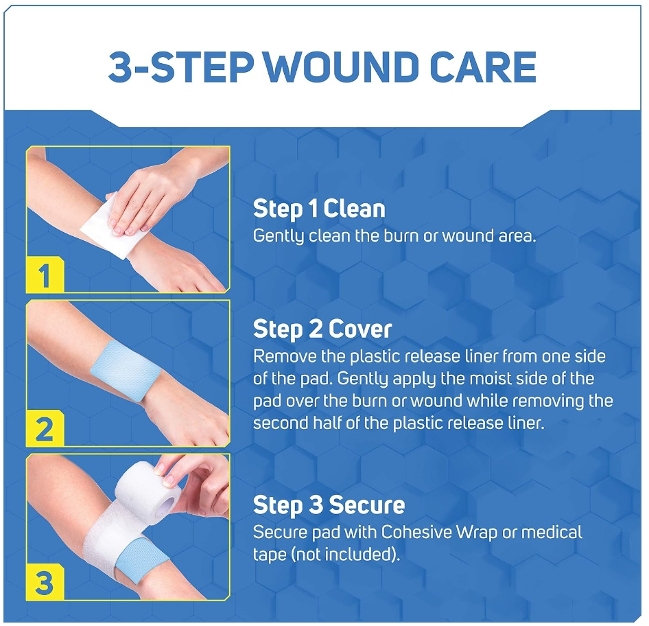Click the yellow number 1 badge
(x=45, y=276)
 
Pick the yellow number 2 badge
(x=45, y=430)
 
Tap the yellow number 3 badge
(x=45, y=583)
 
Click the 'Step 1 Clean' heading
(x=319, y=209)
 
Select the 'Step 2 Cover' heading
(x=322, y=329)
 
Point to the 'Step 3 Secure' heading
(x=329, y=506)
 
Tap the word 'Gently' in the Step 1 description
(x=277, y=236)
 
